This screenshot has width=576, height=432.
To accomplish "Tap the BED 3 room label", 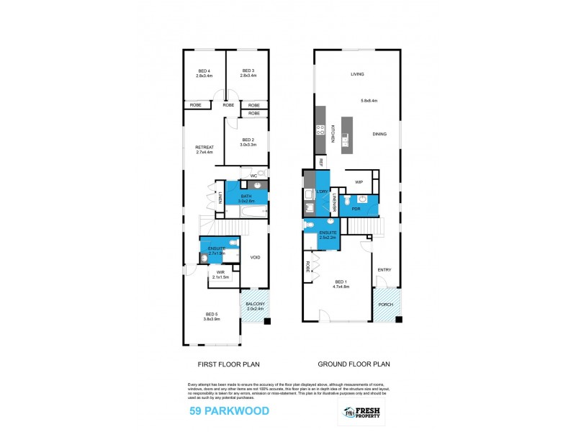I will click(x=247, y=71).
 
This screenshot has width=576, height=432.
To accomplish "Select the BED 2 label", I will click(x=248, y=140).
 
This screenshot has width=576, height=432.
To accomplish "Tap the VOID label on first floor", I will click(x=255, y=257).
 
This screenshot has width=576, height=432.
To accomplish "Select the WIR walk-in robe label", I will click(x=220, y=274).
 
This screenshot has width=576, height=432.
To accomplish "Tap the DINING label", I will click(x=379, y=135).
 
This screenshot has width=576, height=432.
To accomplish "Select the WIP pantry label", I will click(x=358, y=181).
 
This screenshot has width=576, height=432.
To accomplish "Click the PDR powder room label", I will click(x=356, y=209).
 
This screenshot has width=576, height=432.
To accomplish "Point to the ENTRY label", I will click(x=384, y=270).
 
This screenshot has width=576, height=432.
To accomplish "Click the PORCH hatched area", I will click(x=386, y=305).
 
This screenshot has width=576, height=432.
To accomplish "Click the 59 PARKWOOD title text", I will click(x=228, y=411).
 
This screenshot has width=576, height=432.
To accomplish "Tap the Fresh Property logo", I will click(x=364, y=412).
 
